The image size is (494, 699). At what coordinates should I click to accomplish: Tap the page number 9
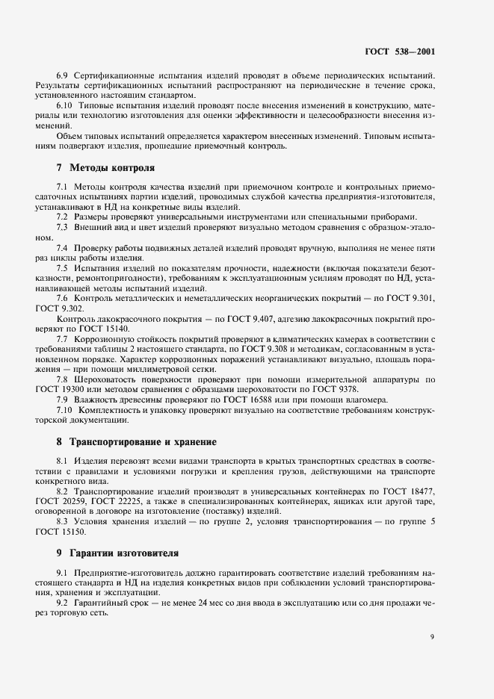(432, 637)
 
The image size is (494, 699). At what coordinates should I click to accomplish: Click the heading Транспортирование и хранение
(142, 441)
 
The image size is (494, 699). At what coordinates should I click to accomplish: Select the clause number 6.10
(65, 106)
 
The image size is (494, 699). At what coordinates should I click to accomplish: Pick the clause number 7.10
(65, 410)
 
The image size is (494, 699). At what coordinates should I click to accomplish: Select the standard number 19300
(93, 390)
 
